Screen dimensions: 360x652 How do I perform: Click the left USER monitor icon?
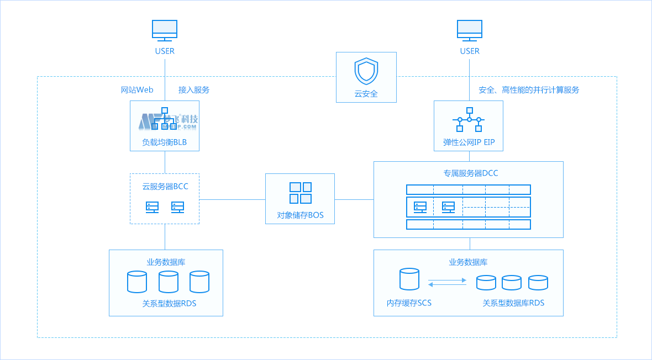tap(165, 30)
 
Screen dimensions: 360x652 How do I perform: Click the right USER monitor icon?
tap(470, 30)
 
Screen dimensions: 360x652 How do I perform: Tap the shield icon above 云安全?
tap(366, 71)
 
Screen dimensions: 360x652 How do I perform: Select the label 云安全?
tap(366, 94)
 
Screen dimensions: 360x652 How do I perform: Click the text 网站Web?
tap(137, 89)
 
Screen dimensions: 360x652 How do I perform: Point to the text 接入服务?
tap(194, 89)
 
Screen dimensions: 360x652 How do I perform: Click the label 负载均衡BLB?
tap(165, 142)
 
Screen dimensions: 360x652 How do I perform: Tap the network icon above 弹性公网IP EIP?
tap(469, 120)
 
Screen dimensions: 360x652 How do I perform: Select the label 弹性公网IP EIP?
tap(469, 142)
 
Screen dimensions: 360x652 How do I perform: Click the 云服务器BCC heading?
tap(165, 187)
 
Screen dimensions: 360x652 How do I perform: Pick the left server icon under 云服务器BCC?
tap(152, 207)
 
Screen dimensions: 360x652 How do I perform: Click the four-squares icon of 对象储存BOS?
tap(301, 193)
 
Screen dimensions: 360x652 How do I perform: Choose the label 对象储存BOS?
tap(300, 215)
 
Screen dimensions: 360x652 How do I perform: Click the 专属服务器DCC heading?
tap(470, 173)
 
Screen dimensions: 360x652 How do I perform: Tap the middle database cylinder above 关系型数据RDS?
tap(169, 282)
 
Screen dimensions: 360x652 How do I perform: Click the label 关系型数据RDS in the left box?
tap(169, 303)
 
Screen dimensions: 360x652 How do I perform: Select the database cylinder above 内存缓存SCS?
tap(409, 279)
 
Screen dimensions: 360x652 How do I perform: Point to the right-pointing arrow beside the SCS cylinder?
tap(448, 280)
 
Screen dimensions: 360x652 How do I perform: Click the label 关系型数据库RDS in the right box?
tap(513, 303)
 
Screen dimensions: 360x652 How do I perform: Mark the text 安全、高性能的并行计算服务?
tap(529, 89)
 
